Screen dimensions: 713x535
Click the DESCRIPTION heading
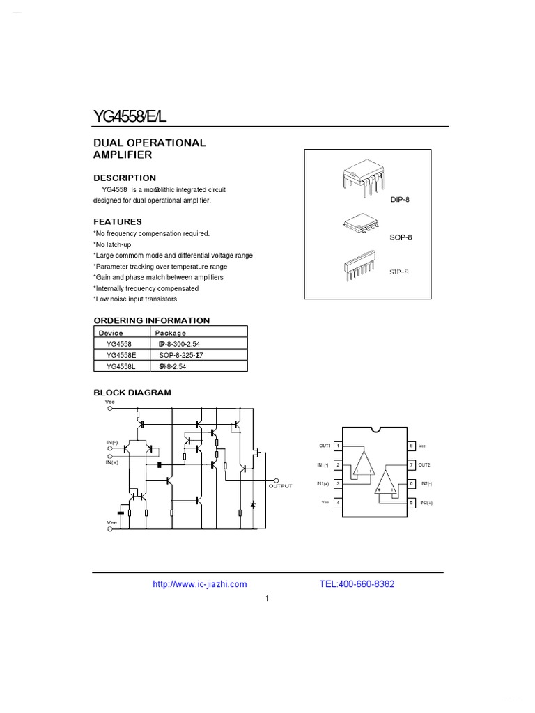pos(125,178)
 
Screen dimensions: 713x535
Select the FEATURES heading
pos(118,221)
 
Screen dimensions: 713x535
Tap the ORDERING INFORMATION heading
pos(152,320)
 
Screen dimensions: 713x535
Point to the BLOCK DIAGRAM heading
pos(132,393)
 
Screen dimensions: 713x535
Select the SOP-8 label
pos(401,237)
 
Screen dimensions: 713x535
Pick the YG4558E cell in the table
pos(121,355)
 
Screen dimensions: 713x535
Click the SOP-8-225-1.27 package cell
pos(180,355)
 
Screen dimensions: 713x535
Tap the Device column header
pos(111,333)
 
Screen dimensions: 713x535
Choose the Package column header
pos(171,333)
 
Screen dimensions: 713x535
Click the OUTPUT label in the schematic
pos(281,486)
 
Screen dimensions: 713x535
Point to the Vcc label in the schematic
pos(110,402)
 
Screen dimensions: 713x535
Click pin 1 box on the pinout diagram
pos(338,446)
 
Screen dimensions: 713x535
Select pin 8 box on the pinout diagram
pos(411,446)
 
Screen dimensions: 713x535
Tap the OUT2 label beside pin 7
pos(424,464)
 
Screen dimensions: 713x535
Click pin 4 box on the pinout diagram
pos(338,503)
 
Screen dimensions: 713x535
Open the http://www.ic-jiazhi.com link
pos(199,584)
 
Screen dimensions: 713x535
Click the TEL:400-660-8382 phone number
pos(357,584)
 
